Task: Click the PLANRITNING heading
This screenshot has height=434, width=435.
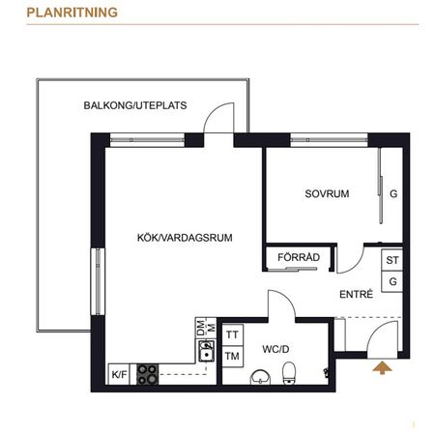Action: (72, 13)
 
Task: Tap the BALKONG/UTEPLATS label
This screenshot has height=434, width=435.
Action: (135, 105)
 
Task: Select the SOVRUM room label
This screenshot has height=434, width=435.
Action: (327, 193)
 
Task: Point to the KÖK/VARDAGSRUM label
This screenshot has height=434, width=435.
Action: (185, 236)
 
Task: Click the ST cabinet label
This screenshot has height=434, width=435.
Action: (392, 261)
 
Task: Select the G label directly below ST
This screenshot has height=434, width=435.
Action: (392, 281)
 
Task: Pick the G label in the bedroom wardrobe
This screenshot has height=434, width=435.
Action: (392, 193)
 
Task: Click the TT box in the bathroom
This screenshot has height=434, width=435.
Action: (232, 334)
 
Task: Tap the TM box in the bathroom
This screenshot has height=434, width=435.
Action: (232, 356)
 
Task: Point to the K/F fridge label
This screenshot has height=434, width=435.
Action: (119, 374)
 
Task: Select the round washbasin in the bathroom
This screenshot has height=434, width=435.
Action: (259, 376)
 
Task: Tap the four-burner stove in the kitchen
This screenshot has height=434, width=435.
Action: (147, 374)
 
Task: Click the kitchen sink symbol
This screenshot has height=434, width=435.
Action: (205, 354)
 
